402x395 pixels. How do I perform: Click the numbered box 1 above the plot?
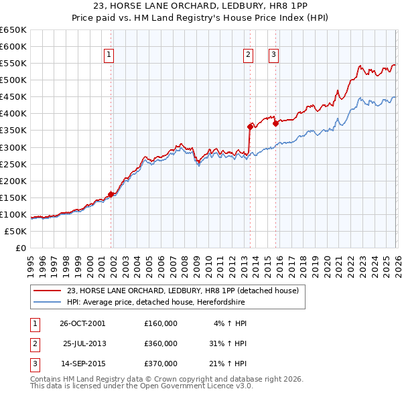(x=109, y=56)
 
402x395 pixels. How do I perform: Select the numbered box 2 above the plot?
(x=248, y=56)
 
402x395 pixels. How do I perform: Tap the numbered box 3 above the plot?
(x=274, y=56)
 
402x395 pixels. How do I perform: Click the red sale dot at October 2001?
(x=111, y=194)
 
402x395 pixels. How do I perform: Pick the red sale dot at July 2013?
(x=250, y=126)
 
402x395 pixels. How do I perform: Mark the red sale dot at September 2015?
(x=275, y=123)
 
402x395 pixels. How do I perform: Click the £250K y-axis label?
(x=14, y=164)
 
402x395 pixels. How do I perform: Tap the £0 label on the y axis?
(x=20, y=248)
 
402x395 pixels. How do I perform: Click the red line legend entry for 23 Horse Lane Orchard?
(x=186, y=291)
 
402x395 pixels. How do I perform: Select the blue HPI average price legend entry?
(x=155, y=303)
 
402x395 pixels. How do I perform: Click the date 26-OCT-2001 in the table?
(x=82, y=323)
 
